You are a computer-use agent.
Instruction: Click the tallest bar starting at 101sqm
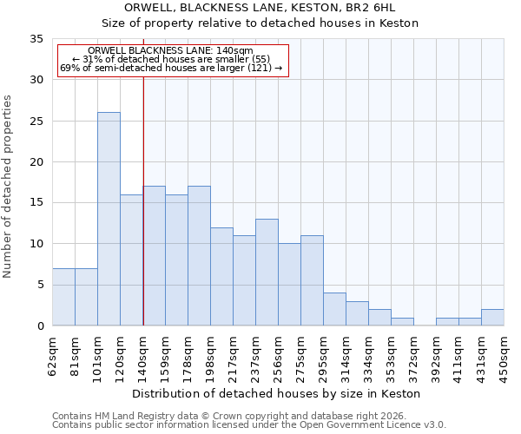point(109,219)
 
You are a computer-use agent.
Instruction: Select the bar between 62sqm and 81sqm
point(63,297)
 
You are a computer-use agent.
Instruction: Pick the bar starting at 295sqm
point(334,309)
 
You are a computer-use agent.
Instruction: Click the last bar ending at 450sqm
point(492,318)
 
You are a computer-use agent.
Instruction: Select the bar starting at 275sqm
point(312,280)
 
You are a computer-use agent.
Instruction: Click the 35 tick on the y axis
point(36,39)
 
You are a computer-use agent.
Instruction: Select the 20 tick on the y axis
point(36,162)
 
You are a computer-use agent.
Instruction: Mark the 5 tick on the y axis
point(40,285)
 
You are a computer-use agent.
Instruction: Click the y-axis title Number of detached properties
point(9,187)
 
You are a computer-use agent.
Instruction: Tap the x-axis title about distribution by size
point(278,393)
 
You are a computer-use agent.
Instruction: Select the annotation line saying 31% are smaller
point(171,59)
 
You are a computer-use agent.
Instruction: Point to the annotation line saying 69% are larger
point(171,68)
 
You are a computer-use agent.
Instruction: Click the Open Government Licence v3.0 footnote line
point(249,425)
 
